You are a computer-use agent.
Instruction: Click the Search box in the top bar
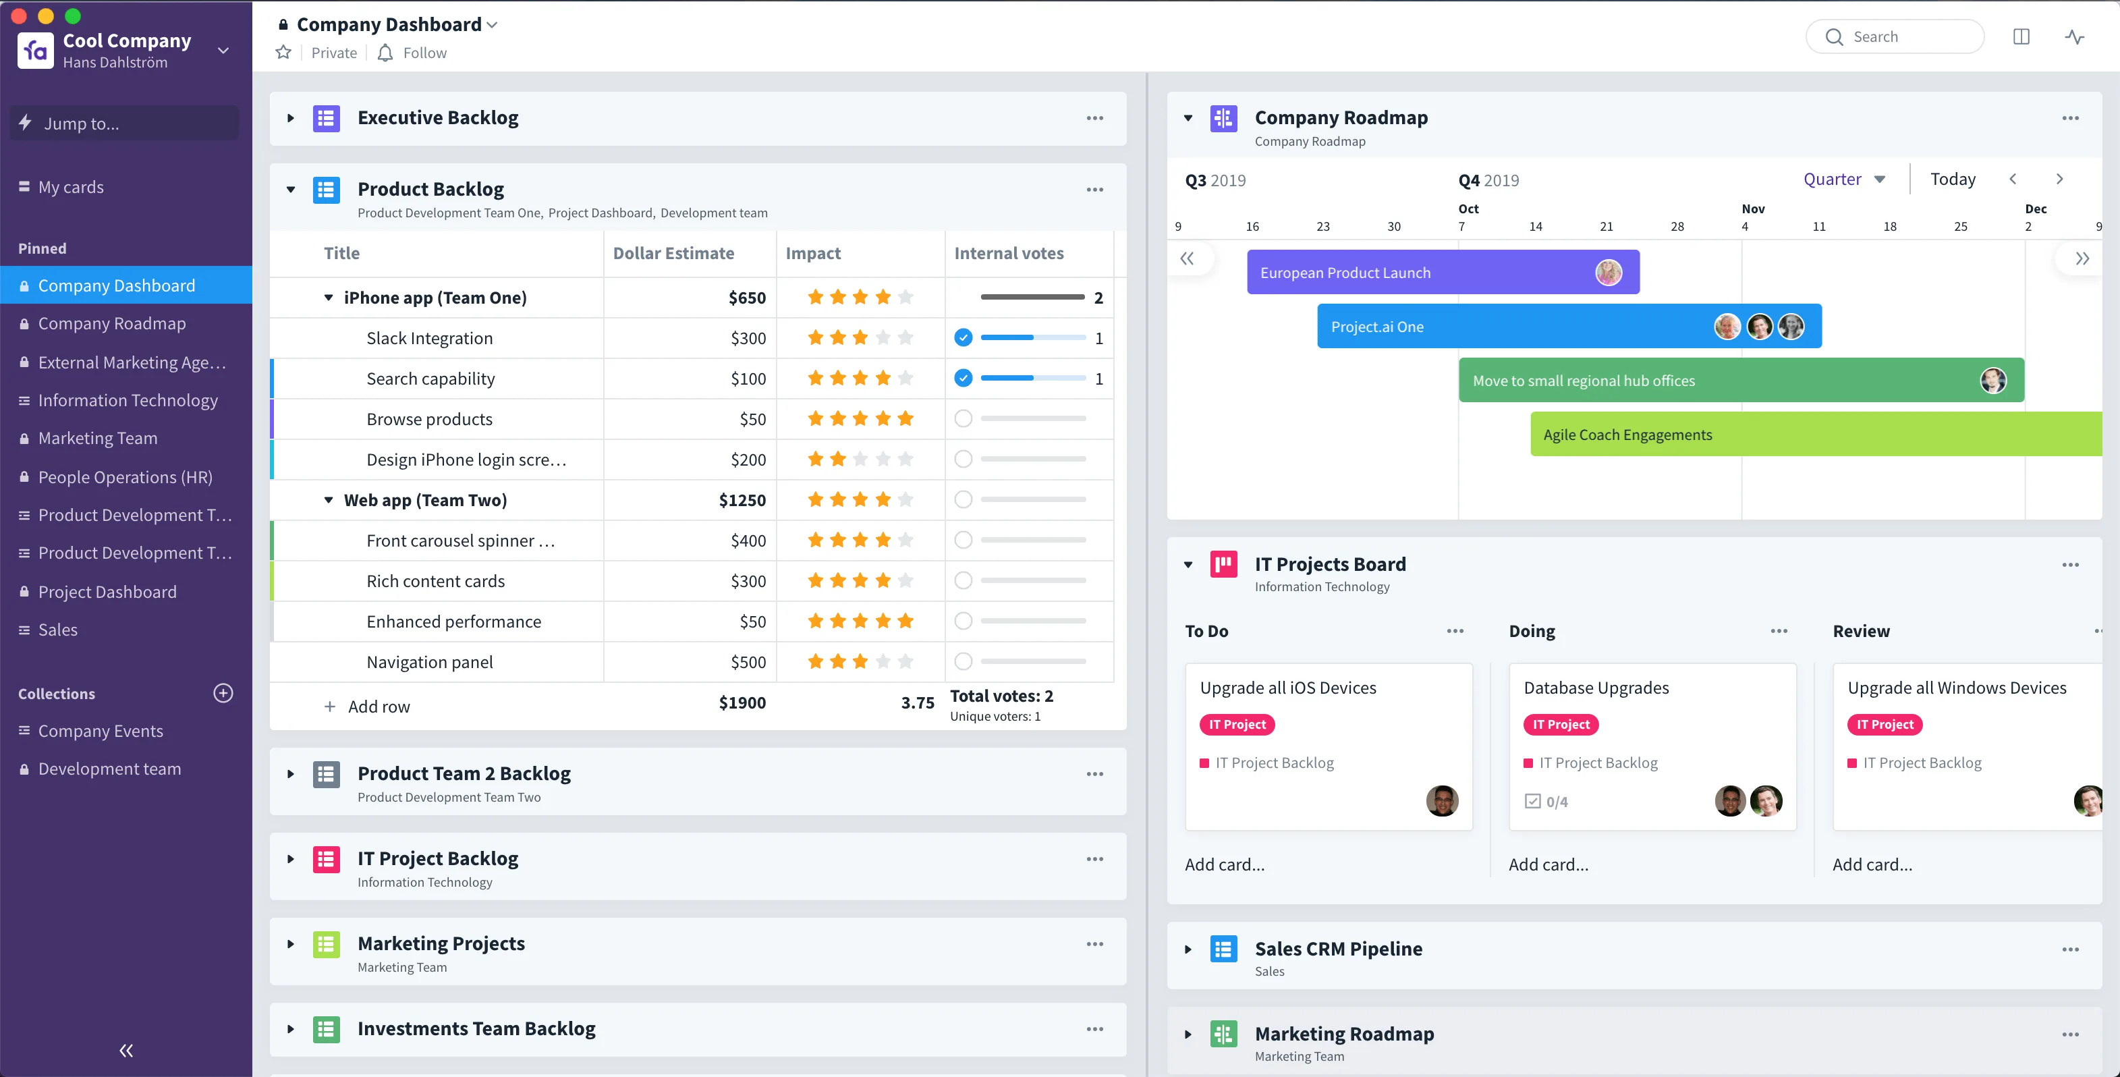[1894, 36]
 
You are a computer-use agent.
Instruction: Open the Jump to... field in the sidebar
[124, 123]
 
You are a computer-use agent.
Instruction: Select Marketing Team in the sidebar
[97, 438]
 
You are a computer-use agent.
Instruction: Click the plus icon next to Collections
[223, 693]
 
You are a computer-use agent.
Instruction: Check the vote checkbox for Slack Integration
[963, 337]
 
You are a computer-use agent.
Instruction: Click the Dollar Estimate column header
[673, 253]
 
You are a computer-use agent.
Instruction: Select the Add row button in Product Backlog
[367, 707]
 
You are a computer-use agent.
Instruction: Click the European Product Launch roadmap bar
[1443, 273]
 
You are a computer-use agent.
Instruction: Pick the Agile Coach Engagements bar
[1816, 434]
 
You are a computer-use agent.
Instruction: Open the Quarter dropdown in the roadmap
[1844, 179]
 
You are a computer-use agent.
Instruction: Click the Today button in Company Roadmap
[1952, 179]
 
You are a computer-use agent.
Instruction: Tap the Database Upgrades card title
[1596, 688]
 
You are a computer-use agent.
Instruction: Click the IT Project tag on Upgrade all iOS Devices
[1237, 725]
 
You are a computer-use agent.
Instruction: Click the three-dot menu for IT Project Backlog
[1094, 859]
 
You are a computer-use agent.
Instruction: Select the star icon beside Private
[283, 53]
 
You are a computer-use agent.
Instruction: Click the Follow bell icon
[385, 53]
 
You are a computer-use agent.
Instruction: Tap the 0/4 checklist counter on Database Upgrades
[1546, 801]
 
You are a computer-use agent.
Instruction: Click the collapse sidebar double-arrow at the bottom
[126, 1050]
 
